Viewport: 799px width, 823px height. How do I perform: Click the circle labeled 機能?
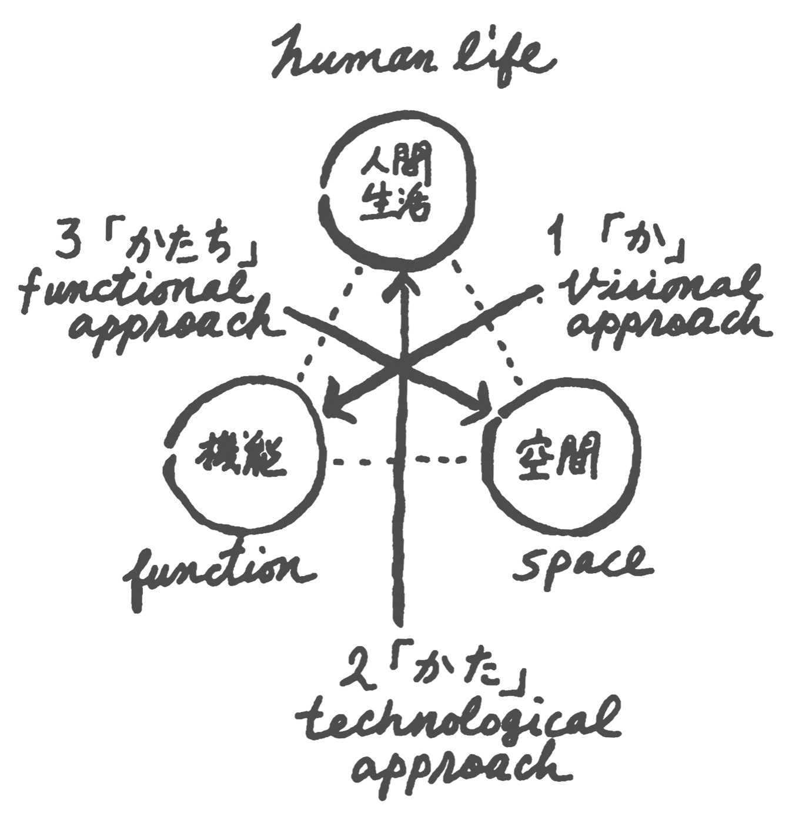coord(243,452)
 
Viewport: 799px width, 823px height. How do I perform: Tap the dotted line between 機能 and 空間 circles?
coord(403,461)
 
